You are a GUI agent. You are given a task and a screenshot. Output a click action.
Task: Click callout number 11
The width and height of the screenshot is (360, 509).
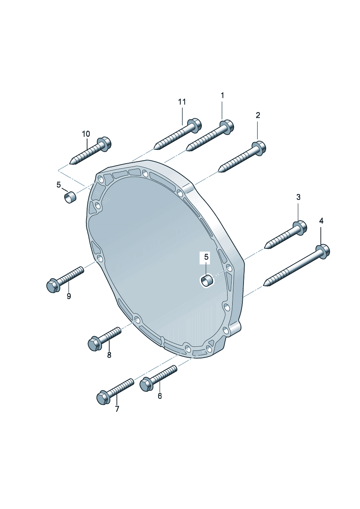[182, 102]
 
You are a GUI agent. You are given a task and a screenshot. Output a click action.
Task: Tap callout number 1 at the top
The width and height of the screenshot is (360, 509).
[222, 95]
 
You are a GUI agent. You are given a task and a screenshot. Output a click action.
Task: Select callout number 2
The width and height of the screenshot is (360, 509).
[258, 115]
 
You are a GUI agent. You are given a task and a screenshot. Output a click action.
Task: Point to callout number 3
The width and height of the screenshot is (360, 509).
[298, 197]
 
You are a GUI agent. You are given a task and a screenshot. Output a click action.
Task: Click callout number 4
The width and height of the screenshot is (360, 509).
[321, 221]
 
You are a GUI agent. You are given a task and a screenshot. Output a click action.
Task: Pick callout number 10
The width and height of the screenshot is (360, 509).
[86, 134]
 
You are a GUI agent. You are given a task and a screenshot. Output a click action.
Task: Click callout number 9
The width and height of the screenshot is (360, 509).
[69, 296]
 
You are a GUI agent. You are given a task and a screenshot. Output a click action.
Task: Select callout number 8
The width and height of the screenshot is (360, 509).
[109, 355]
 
